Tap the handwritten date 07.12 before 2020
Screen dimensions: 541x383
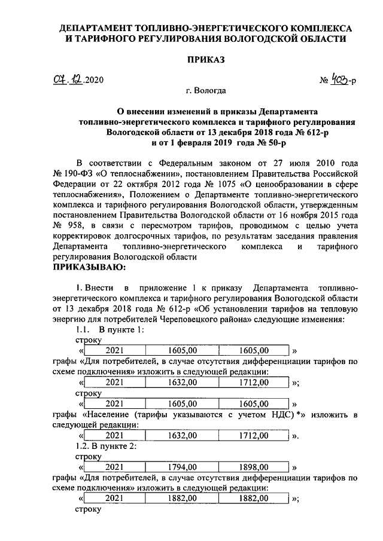66,80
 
